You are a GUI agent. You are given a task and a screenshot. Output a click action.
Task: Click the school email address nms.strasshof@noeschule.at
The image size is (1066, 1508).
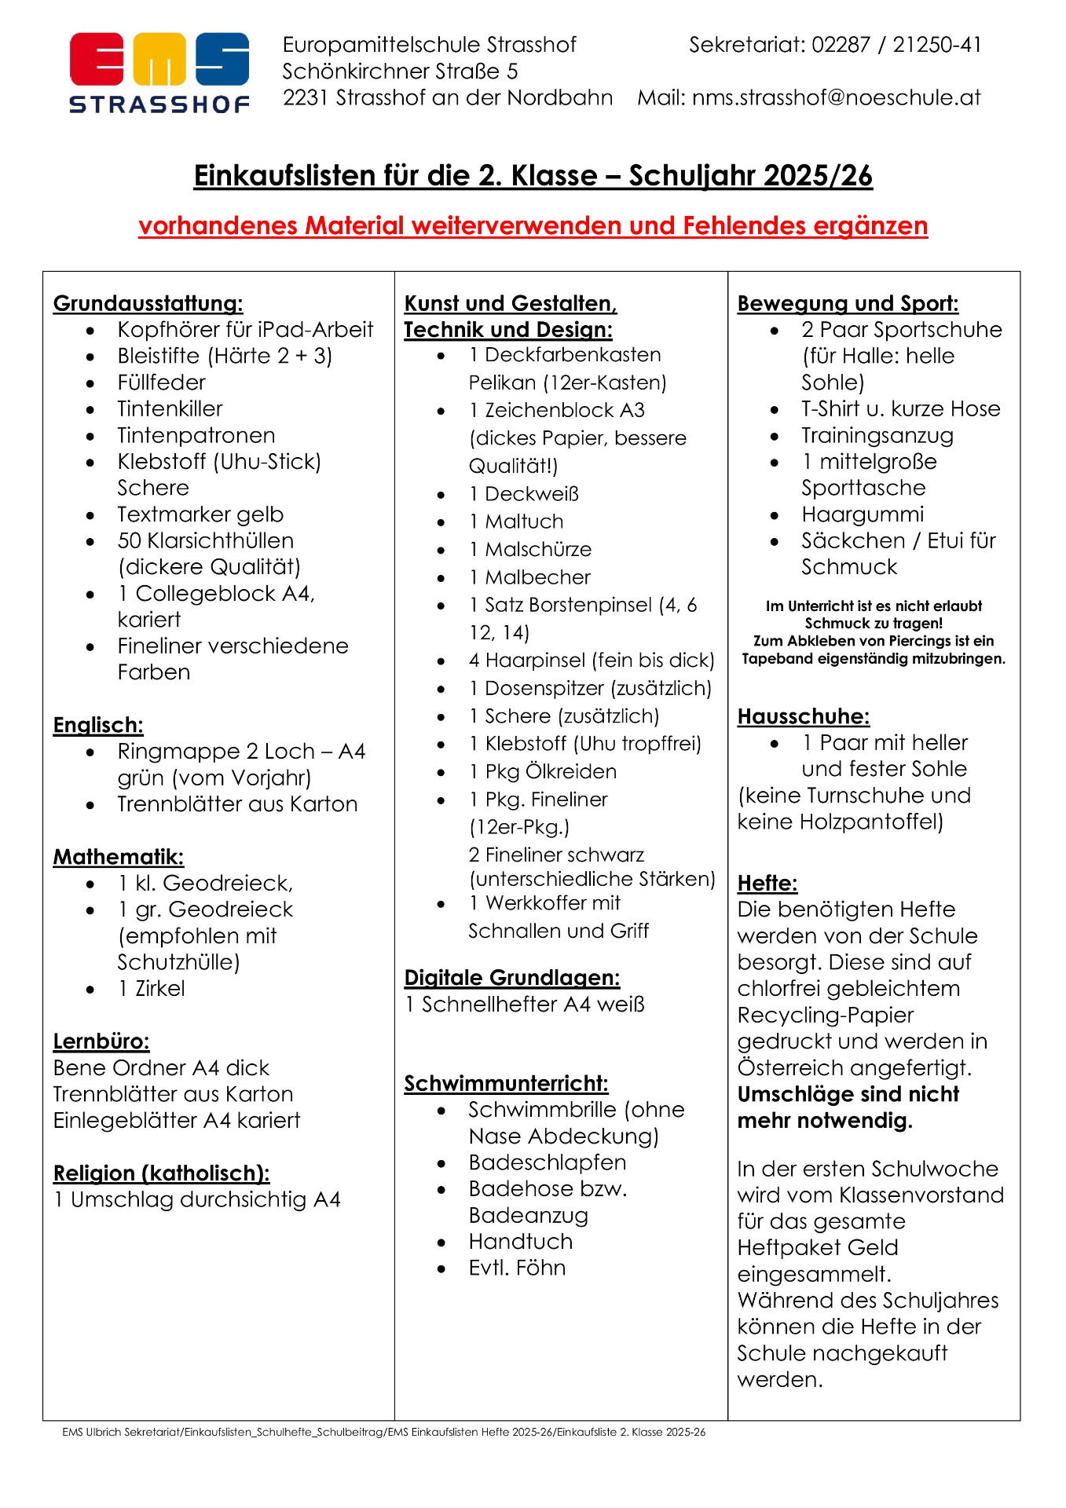[836, 97]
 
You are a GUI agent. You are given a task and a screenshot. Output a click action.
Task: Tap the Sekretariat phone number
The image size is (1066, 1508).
[896, 45]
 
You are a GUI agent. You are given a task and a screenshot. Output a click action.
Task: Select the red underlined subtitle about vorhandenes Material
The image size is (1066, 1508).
[533, 226]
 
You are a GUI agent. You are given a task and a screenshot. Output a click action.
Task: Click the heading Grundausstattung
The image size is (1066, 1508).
[148, 303]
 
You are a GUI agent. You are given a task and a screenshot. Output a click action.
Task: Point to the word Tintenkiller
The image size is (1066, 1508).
[170, 408]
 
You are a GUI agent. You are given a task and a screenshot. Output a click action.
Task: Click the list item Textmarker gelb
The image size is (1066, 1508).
[200, 514]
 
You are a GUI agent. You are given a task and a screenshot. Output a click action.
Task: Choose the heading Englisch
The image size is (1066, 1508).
[98, 725]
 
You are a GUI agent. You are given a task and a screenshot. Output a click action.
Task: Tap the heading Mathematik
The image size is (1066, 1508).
[118, 857]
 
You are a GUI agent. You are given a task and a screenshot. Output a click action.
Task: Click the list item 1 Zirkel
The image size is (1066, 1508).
[152, 988]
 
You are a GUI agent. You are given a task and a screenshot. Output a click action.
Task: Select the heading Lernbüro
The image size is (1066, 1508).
[101, 1041]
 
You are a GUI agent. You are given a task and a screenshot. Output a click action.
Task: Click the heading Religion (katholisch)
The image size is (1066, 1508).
[161, 1173]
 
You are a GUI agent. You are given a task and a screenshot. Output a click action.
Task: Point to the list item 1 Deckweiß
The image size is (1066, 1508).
[524, 494]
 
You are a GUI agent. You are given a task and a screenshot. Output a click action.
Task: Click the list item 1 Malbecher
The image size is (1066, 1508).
[529, 577]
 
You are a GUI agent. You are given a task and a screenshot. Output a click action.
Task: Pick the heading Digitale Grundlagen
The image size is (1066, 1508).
[511, 978]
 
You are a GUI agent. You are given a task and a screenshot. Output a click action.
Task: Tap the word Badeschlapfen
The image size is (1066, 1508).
[547, 1162]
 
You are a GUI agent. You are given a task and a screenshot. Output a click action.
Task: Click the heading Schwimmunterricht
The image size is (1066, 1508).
[506, 1084]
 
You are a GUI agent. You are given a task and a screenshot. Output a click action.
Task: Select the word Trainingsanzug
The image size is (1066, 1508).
[877, 435]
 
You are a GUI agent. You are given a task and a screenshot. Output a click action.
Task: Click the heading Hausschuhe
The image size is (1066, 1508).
[803, 716]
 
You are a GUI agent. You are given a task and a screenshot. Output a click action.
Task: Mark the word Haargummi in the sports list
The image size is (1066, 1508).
[862, 514]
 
